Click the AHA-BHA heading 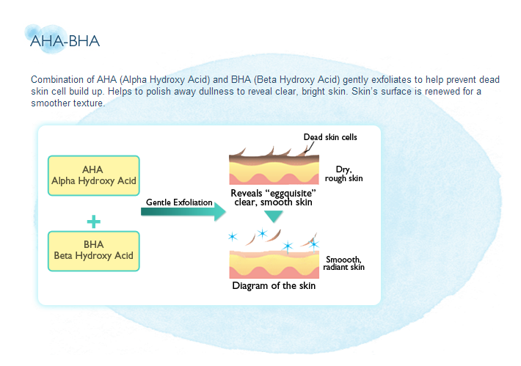[x=65, y=41]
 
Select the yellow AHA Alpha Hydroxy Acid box [x=94, y=175]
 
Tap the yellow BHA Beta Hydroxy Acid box [x=94, y=251]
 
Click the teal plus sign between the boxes [x=94, y=222]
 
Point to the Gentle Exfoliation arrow [x=183, y=211]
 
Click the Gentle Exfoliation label [x=179, y=202]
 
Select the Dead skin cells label [x=330, y=137]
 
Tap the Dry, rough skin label [x=344, y=174]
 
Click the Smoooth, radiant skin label [x=344, y=263]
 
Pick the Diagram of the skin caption [x=274, y=285]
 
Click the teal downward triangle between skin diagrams [x=274, y=216]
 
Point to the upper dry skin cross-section [x=274, y=166]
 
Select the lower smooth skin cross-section [x=274, y=265]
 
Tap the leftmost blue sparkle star [x=233, y=237]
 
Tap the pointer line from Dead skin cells [x=310, y=147]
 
